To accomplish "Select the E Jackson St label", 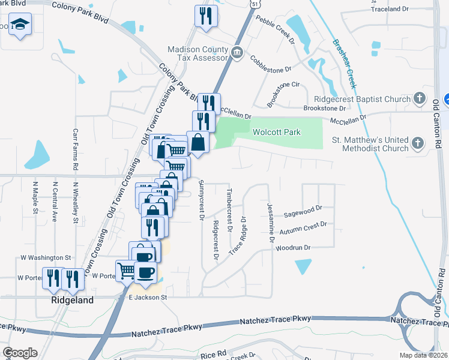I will (x=146, y=297).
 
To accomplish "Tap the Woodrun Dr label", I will (x=293, y=248).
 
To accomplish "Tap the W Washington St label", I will (x=46, y=257).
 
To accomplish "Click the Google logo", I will (x=20, y=353).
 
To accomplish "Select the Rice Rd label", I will (x=213, y=353).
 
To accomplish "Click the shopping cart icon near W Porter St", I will (x=125, y=270).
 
